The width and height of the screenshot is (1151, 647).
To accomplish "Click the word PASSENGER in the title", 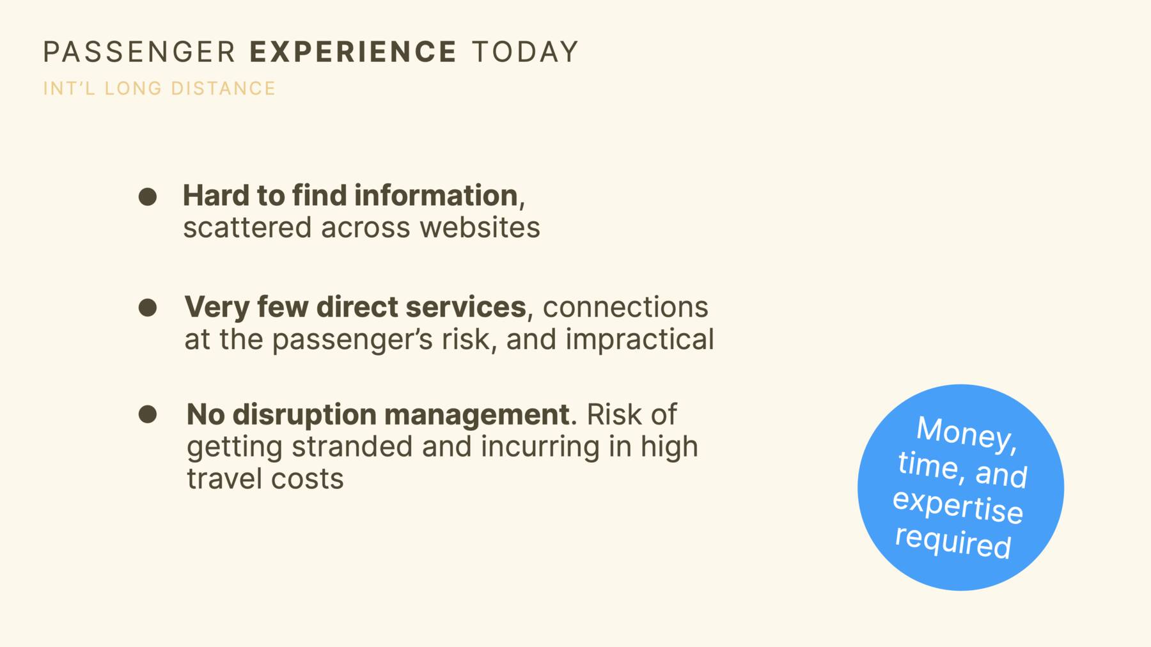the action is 139,52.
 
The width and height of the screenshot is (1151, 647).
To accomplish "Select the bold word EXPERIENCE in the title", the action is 353,52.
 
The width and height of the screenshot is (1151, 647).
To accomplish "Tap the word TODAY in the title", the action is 525,52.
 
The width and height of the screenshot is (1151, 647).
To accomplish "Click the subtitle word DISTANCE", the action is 223,88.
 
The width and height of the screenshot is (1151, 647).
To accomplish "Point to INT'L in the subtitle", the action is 69,88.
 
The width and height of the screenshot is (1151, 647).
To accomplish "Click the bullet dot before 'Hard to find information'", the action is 148,196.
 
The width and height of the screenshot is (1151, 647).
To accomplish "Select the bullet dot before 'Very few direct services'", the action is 148,308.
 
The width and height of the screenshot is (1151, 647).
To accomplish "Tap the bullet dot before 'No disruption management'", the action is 148,414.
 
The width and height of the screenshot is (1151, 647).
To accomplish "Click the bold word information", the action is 435,196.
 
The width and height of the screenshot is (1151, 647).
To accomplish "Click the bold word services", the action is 466,308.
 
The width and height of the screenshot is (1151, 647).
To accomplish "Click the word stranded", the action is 352,447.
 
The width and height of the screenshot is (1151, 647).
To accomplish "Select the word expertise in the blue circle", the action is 958,506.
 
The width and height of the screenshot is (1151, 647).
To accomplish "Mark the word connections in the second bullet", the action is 625,308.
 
